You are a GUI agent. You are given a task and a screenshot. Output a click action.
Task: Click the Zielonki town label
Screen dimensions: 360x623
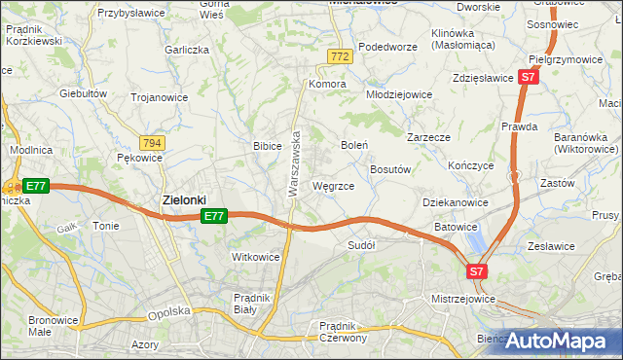click(x=182, y=199)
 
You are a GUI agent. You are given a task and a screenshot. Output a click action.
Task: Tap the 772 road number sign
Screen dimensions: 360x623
click(x=339, y=58)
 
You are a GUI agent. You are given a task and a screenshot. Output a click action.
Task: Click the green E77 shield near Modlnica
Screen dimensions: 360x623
click(x=35, y=186)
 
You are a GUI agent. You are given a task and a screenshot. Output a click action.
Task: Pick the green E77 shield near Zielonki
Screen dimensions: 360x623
click(x=215, y=216)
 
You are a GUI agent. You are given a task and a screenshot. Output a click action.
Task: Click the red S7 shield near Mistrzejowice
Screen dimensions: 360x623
click(x=477, y=271)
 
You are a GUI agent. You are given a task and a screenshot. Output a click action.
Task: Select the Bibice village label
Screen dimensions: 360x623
click(x=268, y=145)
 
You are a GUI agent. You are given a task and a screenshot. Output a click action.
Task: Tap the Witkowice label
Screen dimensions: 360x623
click(x=255, y=257)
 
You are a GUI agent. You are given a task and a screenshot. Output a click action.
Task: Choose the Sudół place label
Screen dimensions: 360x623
click(x=361, y=245)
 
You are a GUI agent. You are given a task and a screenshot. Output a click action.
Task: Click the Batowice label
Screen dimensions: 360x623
click(x=456, y=226)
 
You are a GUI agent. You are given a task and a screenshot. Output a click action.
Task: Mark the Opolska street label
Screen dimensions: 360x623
click(x=165, y=314)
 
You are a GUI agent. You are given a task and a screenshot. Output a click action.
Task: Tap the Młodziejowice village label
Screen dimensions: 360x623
click(x=398, y=94)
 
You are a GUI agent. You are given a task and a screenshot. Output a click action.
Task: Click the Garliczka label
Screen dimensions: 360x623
click(x=188, y=49)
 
